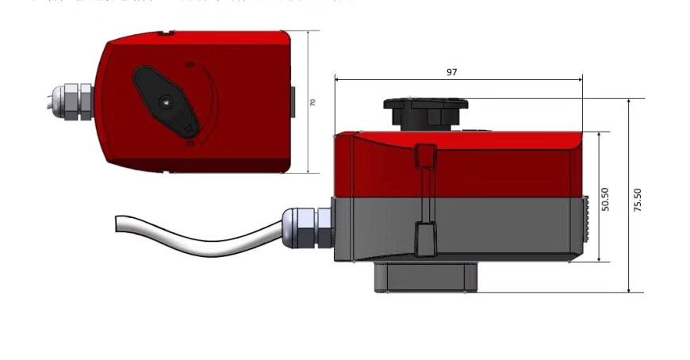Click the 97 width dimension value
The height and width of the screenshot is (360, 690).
click(451, 71)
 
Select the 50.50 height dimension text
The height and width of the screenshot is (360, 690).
click(605, 199)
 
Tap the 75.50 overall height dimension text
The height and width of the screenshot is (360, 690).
click(637, 199)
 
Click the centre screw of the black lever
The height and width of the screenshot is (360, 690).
click(163, 101)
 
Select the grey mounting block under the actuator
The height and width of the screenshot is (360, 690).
click(426, 277)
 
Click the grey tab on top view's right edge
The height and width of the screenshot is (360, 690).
click(292, 101)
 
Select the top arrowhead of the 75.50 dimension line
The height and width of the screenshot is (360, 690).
click(630, 101)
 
